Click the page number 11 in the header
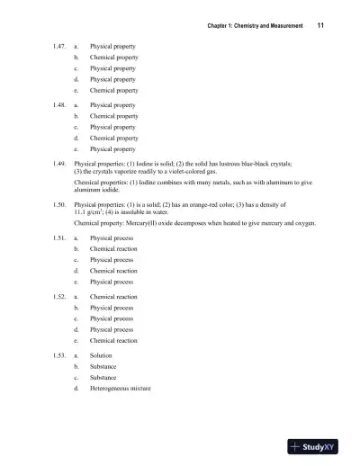click(x=320, y=26)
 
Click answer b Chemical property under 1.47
click(x=113, y=56)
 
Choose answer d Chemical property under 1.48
click(x=113, y=139)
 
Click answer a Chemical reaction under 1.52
click(x=113, y=296)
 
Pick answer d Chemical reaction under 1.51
click(x=113, y=270)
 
